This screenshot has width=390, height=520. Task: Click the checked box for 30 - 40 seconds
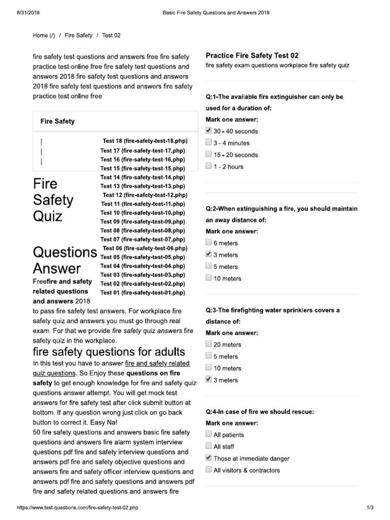click(209, 131)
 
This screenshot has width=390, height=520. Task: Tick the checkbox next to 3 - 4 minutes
click(209, 143)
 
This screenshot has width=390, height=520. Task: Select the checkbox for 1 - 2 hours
click(209, 166)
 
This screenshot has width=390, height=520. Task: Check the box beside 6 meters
click(209, 243)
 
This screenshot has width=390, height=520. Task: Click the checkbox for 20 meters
click(209, 344)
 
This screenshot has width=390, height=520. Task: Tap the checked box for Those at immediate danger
click(209, 458)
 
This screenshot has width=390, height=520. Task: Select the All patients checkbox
click(209, 434)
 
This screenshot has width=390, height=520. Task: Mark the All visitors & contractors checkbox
click(209, 470)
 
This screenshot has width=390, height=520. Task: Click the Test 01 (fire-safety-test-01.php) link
click(142, 292)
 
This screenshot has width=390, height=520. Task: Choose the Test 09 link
click(142, 221)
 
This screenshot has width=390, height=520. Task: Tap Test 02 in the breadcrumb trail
click(111, 36)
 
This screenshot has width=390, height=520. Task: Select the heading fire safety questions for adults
click(109, 352)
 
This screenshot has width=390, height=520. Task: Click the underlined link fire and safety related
click(157, 364)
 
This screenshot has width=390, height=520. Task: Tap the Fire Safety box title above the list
click(57, 121)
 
